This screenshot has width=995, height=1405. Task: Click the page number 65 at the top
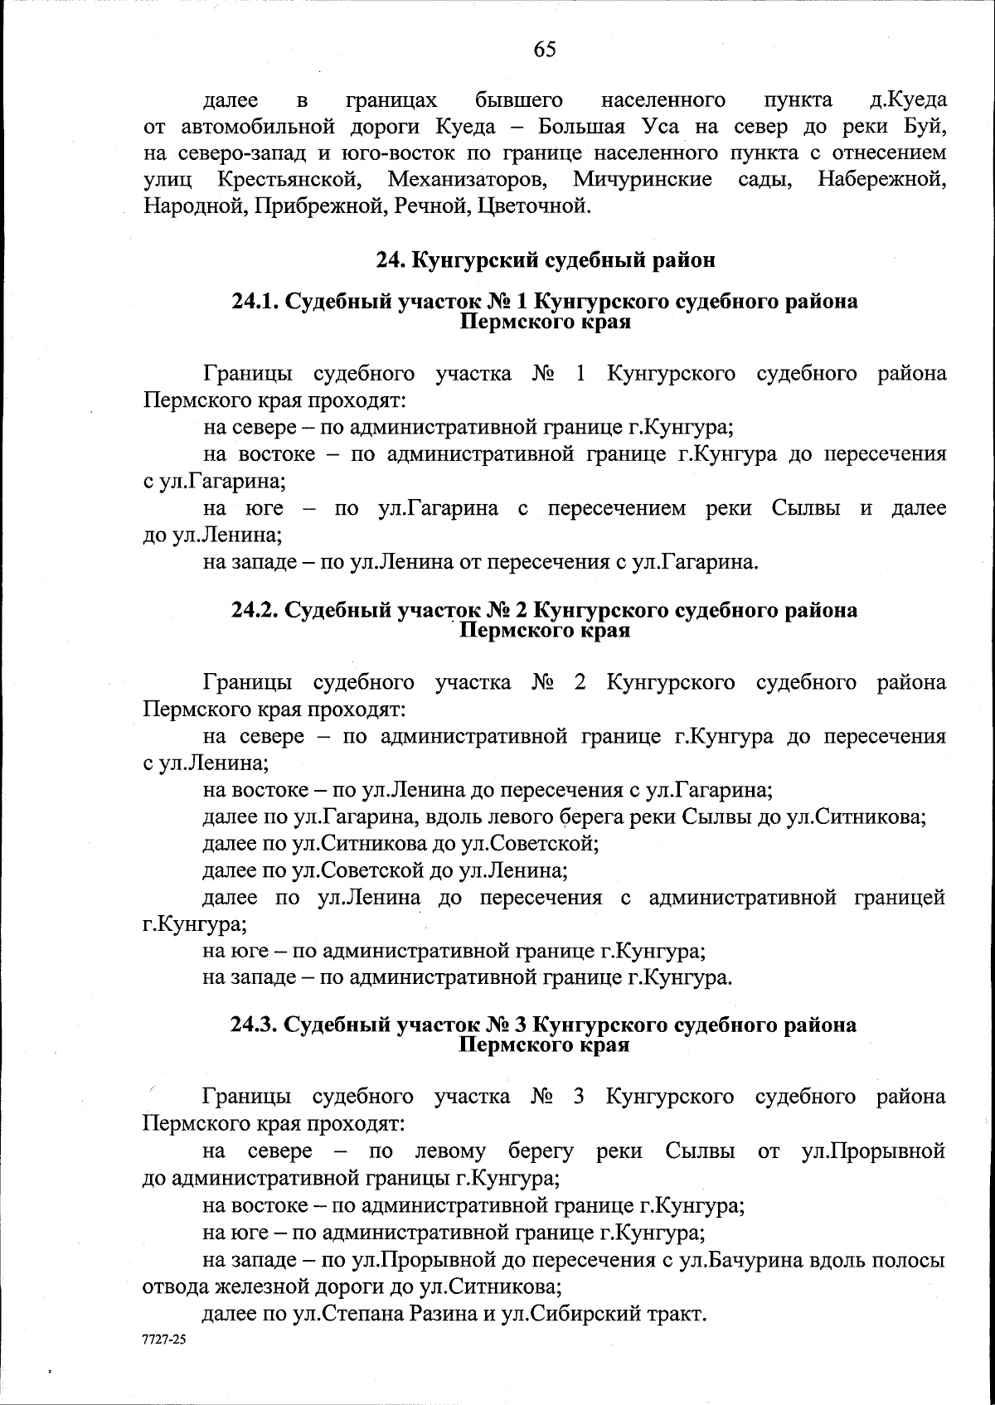coord(545,50)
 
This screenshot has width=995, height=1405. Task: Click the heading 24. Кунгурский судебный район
coord(545,259)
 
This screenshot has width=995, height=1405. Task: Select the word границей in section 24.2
coord(900,897)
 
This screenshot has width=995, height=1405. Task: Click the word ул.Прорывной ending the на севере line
coord(875,1151)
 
